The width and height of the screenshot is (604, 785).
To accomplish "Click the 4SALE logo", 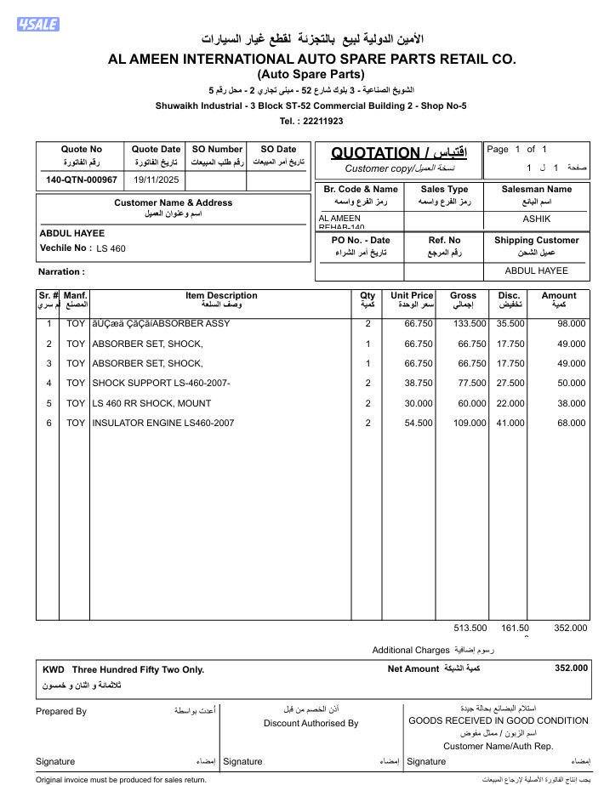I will (37, 24).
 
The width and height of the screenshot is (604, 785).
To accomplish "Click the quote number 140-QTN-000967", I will (81, 180).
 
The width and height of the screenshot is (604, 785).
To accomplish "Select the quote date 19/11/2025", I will (156, 180).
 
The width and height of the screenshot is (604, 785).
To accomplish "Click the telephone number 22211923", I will (323, 121).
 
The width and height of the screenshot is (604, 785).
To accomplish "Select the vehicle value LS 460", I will (111, 249).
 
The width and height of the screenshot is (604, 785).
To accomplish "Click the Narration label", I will (61, 272).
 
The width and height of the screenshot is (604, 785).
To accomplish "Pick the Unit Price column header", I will (412, 296).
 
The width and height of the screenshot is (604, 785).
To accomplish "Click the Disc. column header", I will (509, 296).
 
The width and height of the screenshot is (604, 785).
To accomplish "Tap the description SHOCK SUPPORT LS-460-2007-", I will (161, 384).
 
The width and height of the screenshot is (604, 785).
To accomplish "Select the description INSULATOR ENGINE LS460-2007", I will (162, 424).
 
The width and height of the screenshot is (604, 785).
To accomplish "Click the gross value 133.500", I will (469, 324).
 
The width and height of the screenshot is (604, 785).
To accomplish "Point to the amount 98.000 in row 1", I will (571, 324).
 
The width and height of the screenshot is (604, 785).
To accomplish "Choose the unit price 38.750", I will (419, 384).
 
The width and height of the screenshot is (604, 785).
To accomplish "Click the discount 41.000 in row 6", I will (510, 424).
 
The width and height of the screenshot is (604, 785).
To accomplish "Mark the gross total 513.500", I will (470, 629).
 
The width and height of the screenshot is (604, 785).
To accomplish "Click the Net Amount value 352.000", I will (571, 668).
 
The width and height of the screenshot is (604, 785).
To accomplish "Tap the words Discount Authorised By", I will (311, 724).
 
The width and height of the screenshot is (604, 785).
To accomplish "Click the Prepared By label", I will (61, 712).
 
